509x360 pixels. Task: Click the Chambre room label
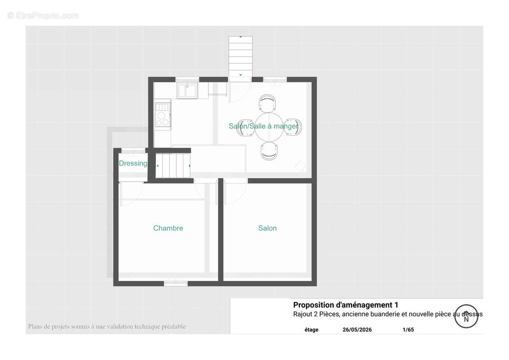tap(168, 228)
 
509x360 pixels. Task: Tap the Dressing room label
tap(133, 163)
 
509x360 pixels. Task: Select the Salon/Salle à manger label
tap(263, 126)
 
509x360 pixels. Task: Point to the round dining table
tap(269, 127)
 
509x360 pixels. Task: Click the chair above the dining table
tap(268, 103)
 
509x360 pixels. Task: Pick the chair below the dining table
tap(269, 151)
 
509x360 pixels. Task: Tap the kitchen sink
tap(187, 90)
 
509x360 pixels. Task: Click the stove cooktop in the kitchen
tap(163, 114)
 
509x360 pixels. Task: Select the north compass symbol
tap(466, 316)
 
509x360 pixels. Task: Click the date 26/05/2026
tap(357, 329)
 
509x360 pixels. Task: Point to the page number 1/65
tap(408, 329)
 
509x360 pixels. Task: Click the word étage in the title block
tap(311, 329)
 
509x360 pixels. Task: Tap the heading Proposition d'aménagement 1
tap(345, 305)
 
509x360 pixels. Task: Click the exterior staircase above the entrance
tap(241, 57)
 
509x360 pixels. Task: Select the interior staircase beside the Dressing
tap(173, 166)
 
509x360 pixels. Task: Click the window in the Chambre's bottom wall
tap(176, 283)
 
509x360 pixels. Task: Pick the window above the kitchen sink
tap(188, 80)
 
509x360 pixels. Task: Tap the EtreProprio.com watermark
tap(43, 15)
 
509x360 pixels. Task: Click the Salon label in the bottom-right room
tap(268, 228)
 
